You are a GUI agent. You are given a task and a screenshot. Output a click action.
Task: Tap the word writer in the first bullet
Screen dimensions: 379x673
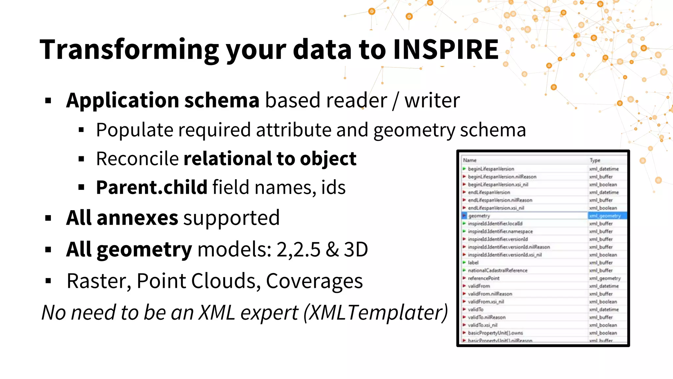click(432, 100)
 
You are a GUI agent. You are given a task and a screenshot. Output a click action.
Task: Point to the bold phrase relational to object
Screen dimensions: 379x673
click(270, 159)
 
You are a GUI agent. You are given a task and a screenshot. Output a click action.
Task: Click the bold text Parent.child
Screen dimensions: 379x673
click(151, 187)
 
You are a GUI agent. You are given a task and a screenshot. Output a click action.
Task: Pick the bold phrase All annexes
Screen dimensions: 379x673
click(122, 218)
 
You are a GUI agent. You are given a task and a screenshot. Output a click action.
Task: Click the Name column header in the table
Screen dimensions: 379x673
click(470, 160)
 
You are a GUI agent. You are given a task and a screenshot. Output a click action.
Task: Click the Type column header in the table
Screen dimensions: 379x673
click(595, 160)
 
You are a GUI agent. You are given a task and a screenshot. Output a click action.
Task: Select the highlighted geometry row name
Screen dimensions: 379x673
click(479, 216)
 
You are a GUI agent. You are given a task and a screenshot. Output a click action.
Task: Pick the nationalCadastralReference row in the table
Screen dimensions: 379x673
click(498, 270)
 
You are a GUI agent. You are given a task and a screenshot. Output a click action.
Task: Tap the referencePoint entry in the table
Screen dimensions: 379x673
click(483, 278)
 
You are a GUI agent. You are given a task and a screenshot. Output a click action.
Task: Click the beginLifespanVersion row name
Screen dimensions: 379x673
click(491, 169)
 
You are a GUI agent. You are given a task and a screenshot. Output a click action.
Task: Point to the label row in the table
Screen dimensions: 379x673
click(473, 263)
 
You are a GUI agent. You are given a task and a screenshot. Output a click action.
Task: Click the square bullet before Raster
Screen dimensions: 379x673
click(48, 281)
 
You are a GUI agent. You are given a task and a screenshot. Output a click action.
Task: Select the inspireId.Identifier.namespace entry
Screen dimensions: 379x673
click(500, 231)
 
